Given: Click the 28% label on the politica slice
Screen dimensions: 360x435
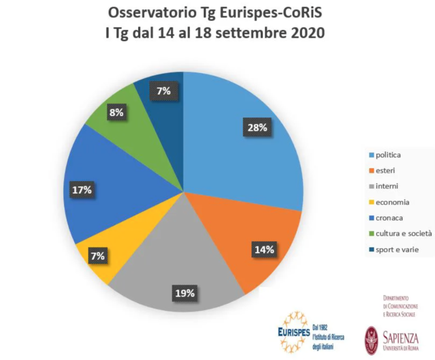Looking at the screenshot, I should tap(257, 128).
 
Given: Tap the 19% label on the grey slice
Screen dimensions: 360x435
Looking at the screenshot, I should tap(185, 293).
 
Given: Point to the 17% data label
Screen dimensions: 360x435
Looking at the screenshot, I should tap(82, 190).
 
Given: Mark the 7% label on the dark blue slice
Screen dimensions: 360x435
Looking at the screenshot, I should tap(163, 91).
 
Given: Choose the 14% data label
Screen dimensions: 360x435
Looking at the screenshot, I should tap(263, 249).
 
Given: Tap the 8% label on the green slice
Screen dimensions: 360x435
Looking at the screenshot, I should tap(117, 113).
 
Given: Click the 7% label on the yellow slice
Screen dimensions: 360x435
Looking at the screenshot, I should tap(97, 256).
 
